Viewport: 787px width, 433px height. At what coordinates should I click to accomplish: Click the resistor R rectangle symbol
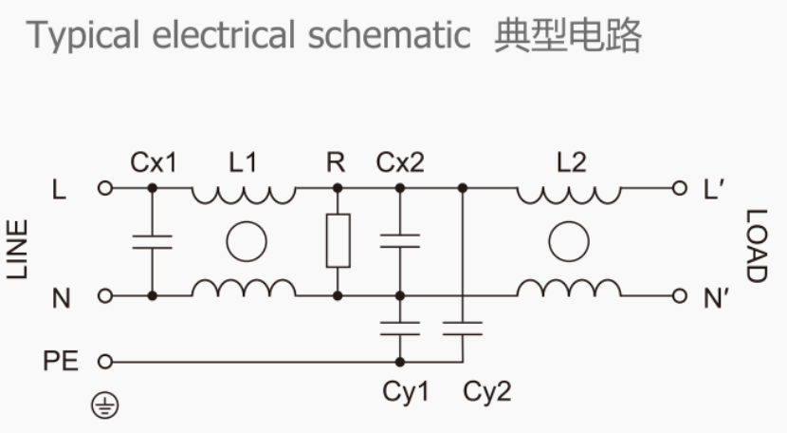(x=337, y=240)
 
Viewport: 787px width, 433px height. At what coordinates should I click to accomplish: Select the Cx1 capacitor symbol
(x=152, y=241)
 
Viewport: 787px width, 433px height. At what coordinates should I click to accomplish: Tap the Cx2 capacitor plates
(x=399, y=241)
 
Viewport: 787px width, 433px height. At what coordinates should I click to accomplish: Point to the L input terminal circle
(x=105, y=188)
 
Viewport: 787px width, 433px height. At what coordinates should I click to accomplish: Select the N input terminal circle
(x=105, y=296)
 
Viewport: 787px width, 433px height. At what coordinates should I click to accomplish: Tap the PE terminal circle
(x=105, y=362)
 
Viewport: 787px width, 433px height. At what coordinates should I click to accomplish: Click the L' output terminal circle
(x=677, y=188)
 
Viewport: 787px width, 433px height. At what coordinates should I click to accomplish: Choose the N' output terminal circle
(x=677, y=296)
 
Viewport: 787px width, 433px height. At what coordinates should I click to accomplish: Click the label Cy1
(x=404, y=392)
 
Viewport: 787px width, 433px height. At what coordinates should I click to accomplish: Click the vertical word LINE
(x=18, y=249)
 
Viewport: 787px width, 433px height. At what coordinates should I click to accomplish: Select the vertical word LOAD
(x=755, y=246)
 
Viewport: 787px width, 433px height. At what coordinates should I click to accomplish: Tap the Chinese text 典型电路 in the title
(x=568, y=36)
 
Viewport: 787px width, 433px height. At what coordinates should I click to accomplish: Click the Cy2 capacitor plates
(x=462, y=329)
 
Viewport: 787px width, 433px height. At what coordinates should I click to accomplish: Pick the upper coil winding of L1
(x=244, y=194)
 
